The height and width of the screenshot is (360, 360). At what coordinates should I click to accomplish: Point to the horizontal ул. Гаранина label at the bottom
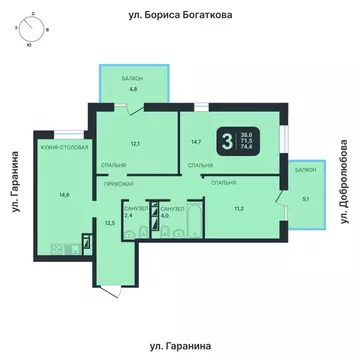click(x=180, y=344)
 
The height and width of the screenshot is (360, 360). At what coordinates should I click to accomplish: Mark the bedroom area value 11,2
click(x=237, y=207)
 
